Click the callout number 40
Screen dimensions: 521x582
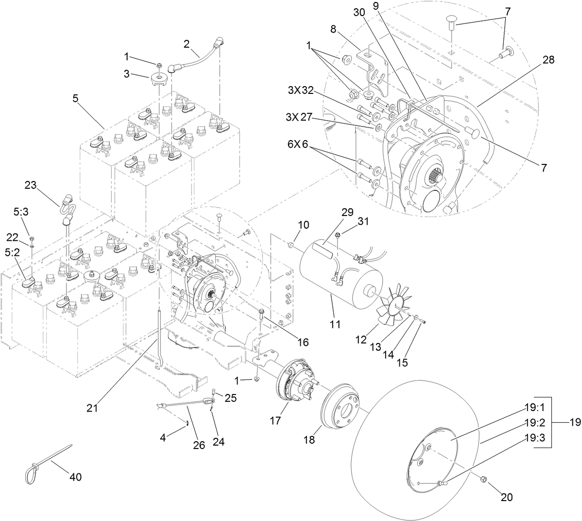click(x=75, y=477)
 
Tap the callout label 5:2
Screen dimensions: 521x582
click(x=13, y=253)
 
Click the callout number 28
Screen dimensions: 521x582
click(x=548, y=60)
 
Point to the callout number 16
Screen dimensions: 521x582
click(x=303, y=343)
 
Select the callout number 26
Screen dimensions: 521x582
click(x=199, y=444)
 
